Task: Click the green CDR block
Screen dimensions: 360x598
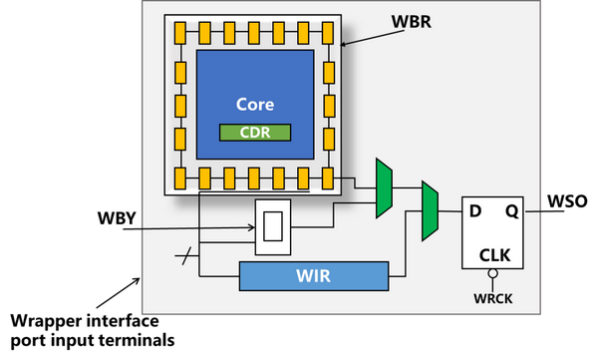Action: click(x=254, y=132)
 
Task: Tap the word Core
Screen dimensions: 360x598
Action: click(x=254, y=105)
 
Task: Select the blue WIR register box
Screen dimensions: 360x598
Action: click(x=314, y=275)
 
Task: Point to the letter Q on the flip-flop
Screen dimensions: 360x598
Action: click(x=510, y=211)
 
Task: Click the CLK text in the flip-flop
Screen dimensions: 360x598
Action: click(x=494, y=254)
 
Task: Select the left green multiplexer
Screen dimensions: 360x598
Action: click(x=384, y=187)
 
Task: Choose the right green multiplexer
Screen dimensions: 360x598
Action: click(x=431, y=210)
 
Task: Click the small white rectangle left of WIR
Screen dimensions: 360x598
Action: click(x=273, y=227)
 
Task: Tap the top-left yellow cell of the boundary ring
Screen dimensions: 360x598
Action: click(x=179, y=33)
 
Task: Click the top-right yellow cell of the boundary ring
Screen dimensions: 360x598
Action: click(x=328, y=33)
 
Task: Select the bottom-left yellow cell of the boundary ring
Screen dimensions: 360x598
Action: click(x=179, y=179)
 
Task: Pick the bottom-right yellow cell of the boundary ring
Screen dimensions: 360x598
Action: click(x=328, y=179)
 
